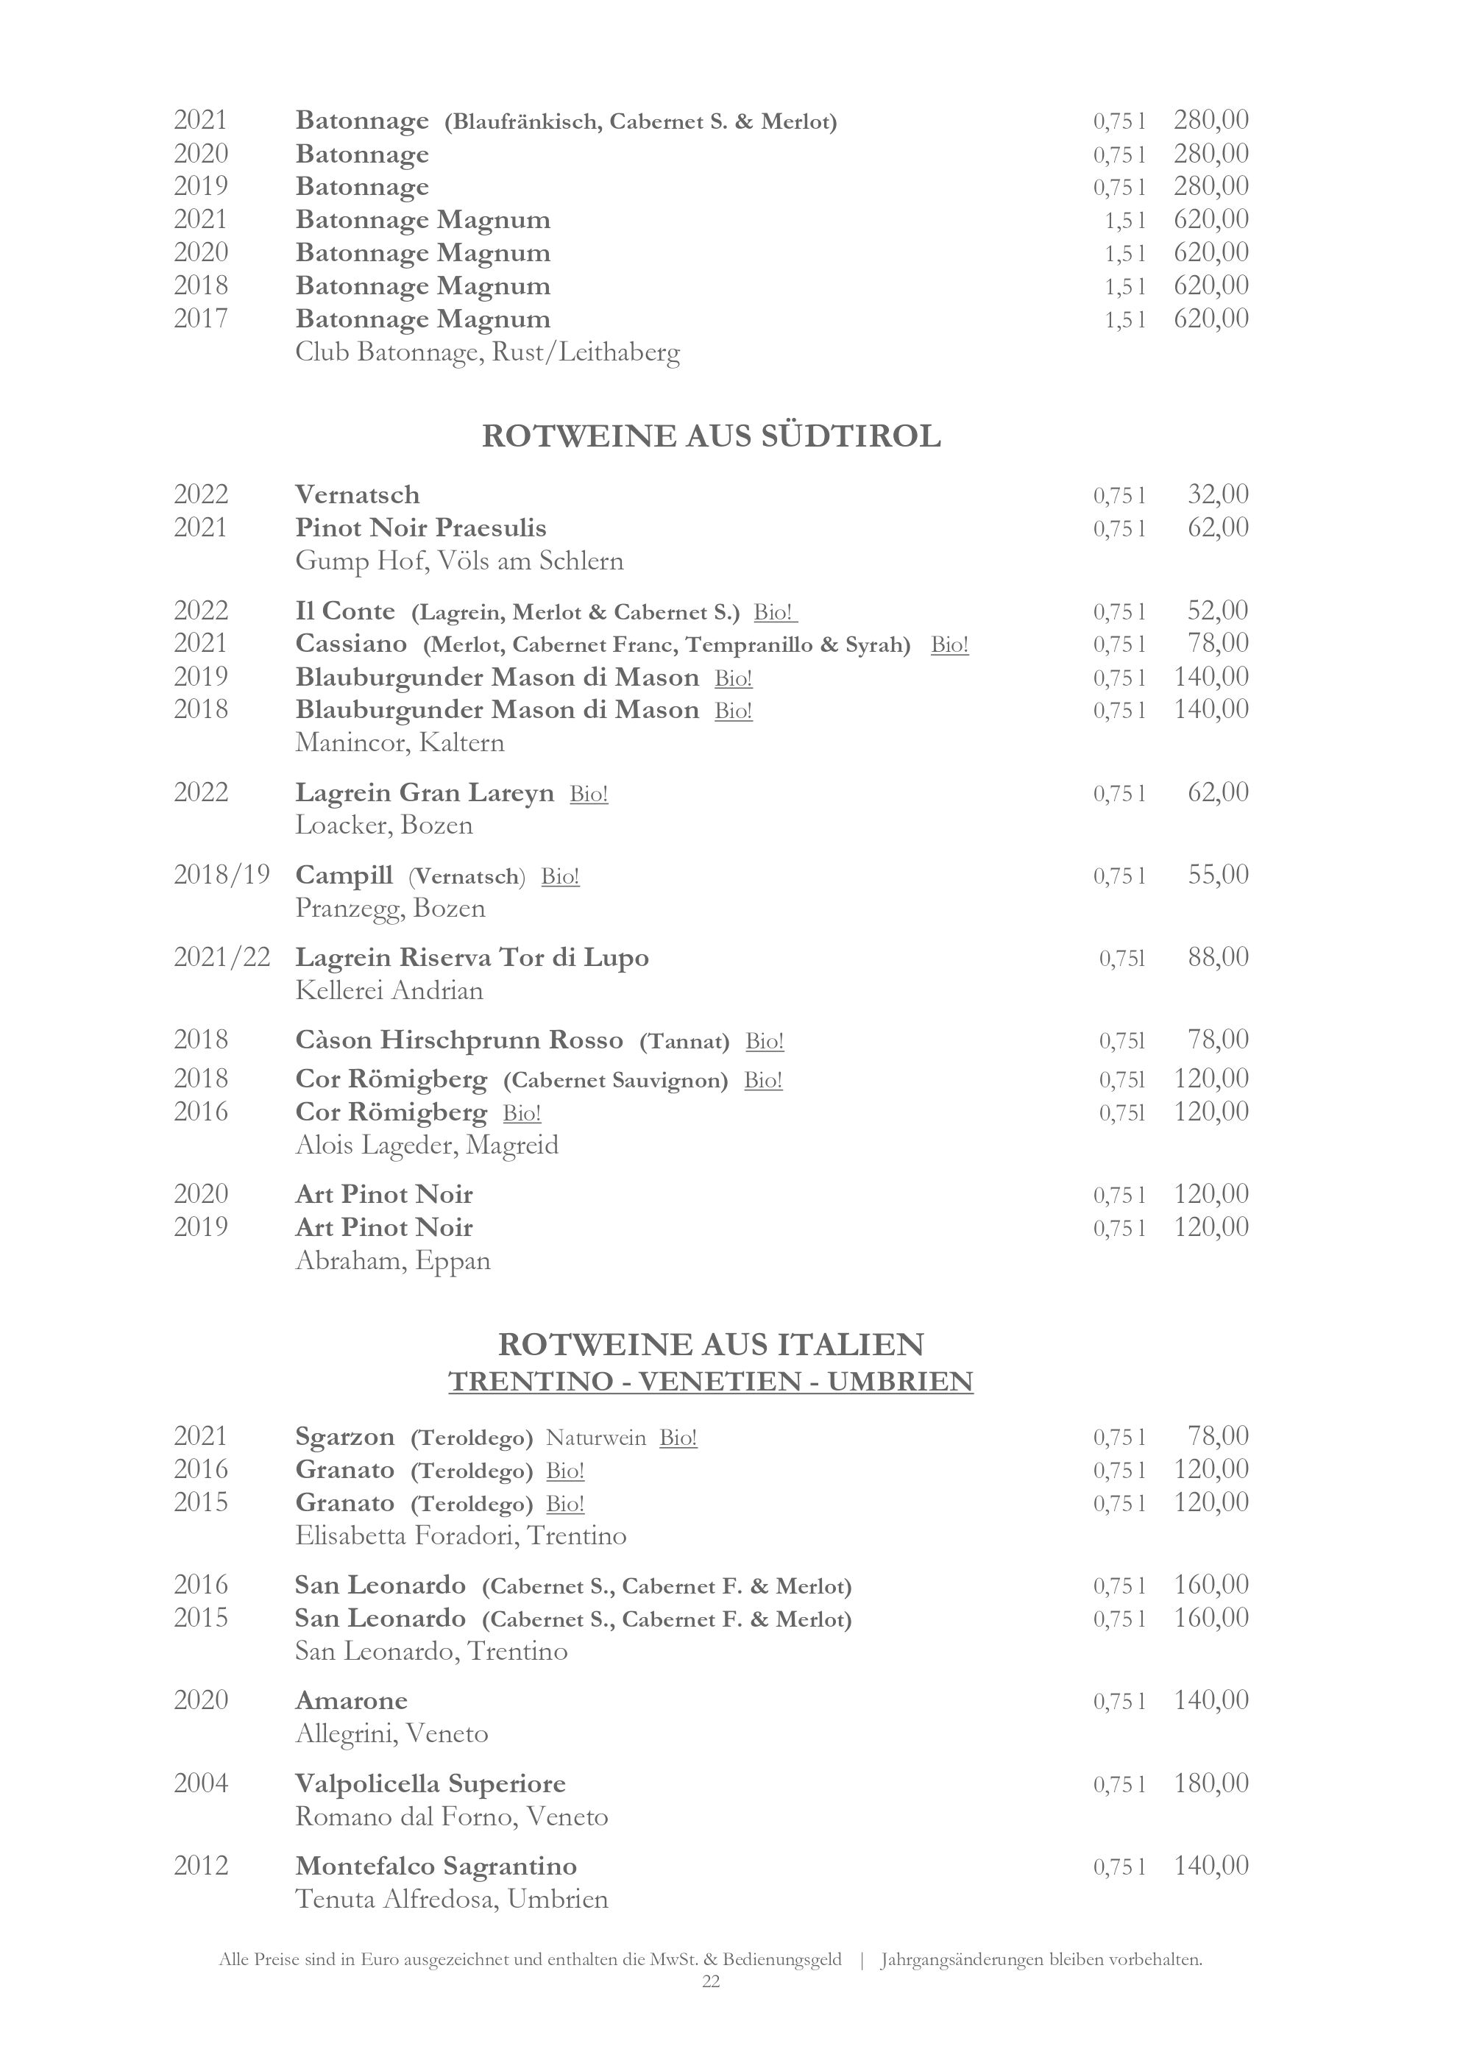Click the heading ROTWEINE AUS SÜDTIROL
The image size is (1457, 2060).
tap(711, 436)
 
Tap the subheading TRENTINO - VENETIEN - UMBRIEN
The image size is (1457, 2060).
tap(711, 1381)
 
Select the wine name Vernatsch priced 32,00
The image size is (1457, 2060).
tap(357, 495)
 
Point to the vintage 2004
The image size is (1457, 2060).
tap(201, 1783)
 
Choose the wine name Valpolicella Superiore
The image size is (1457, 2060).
tap(430, 1783)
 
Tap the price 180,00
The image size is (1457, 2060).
tap(1211, 1783)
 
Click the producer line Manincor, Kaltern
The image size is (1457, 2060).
tap(400, 743)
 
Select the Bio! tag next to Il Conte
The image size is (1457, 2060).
tap(774, 613)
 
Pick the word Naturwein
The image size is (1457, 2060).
tap(596, 1438)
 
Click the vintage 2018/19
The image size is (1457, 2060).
tap(221, 875)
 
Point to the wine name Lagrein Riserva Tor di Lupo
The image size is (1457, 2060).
tap(472, 957)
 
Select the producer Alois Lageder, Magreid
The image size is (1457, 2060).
tap(427, 1145)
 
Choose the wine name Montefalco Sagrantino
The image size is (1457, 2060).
tap(436, 1867)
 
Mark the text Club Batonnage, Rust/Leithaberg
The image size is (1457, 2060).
tap(487, 352)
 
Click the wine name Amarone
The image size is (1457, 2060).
tap(351, 1701)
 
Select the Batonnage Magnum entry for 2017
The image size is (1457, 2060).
tap(422, 319)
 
